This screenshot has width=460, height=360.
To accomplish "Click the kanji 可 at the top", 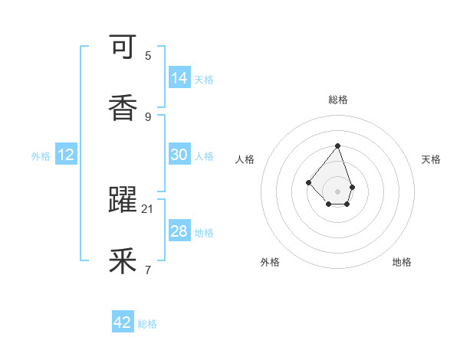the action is pyautogui.click(x=123, y=49).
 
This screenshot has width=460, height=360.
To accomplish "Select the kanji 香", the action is pyautogui.click(x=123, y=108).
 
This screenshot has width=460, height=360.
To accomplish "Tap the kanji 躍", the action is pyautogui.click(x=123, y=201).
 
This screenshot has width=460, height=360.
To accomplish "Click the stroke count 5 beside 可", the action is pyautogui.click(x=148, y=56).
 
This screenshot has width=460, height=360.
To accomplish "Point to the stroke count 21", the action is pyautogui.click(x=148, y=208).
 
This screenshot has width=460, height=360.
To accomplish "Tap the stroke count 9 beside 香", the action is pyautogui.click(x=148, y=116).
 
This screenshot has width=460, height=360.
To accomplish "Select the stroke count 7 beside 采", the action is pyautogui.click(x=148, y=270).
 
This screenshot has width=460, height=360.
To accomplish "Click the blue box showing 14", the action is pyautogui.click(x=179, y=78).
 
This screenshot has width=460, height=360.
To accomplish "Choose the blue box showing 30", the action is pyautogui.click(x=179, y=155).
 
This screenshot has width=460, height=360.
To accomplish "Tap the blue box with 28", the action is pyautogui.click(x=179, y=231).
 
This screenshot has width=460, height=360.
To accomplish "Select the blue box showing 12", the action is pyautogui.click(x=66, y=155).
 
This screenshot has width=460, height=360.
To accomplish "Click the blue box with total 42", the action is pyautogui.click(x=123, y=322).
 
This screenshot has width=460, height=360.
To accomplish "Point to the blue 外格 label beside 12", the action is pyautogui.click(x=41, y=156).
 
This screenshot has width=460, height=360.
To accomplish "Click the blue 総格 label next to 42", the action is pyautogui.click(x=147, y=324).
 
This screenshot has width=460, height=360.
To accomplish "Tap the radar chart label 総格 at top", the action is pyautogui.click(x=337, y=100).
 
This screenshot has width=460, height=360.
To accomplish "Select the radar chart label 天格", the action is pyautogui.click(x=431, y=159).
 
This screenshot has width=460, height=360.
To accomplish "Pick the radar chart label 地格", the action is pyautogui.click(x=402, y=262).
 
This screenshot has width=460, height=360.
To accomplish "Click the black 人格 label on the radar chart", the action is pyautogui.click(x=245, y=159).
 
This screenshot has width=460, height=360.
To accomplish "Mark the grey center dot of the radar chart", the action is pyautogui.click(x=337, y=191).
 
